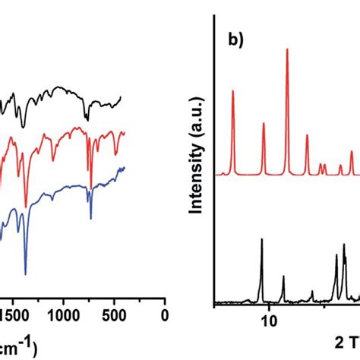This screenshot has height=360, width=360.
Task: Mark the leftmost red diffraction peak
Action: click(232, 91)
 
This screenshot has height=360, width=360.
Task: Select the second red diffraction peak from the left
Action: click(264, 123)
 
